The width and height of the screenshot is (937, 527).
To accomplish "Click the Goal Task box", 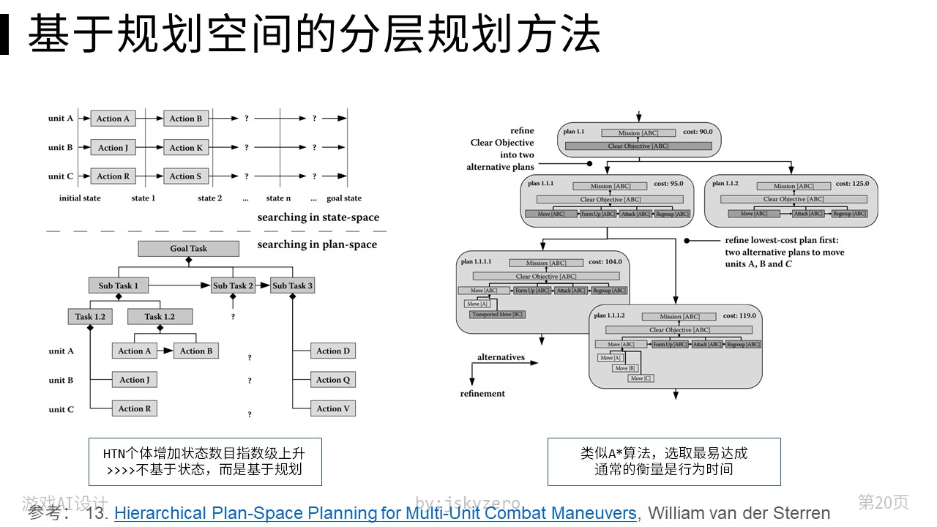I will [x=189, y=249].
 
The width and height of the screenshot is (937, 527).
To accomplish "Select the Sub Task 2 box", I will [x=233, y=285].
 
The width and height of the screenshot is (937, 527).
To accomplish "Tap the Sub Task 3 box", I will [x=292, y=285].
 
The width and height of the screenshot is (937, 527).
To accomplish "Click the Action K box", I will [x=186, y=148].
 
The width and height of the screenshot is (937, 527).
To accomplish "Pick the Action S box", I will [x=185, y=176].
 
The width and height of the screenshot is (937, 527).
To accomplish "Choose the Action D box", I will [x=333, y=351].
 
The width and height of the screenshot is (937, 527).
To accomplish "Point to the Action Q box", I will [x=333, y=380].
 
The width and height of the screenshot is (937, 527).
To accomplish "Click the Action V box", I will [x=333, y=408].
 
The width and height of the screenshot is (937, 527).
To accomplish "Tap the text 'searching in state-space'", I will [x=318, y=217].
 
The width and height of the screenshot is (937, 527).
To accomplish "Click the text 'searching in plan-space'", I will [x=317, y=244].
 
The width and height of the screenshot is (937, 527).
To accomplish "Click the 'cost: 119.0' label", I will [x=739, y=315].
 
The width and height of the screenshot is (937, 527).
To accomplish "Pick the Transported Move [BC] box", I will [x=497, y=314].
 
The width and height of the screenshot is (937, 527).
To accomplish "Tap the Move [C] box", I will [x=637, y=378].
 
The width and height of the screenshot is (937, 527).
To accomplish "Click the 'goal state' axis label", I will [x=344, y=198].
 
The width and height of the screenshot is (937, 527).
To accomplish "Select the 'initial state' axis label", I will [x=80, y=198].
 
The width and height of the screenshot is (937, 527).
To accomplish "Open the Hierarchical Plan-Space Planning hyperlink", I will [x=376, y=513].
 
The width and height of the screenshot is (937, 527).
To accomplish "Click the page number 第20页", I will [x=883, y=502].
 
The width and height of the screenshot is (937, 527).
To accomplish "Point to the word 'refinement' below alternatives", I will [x=482, y=394].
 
